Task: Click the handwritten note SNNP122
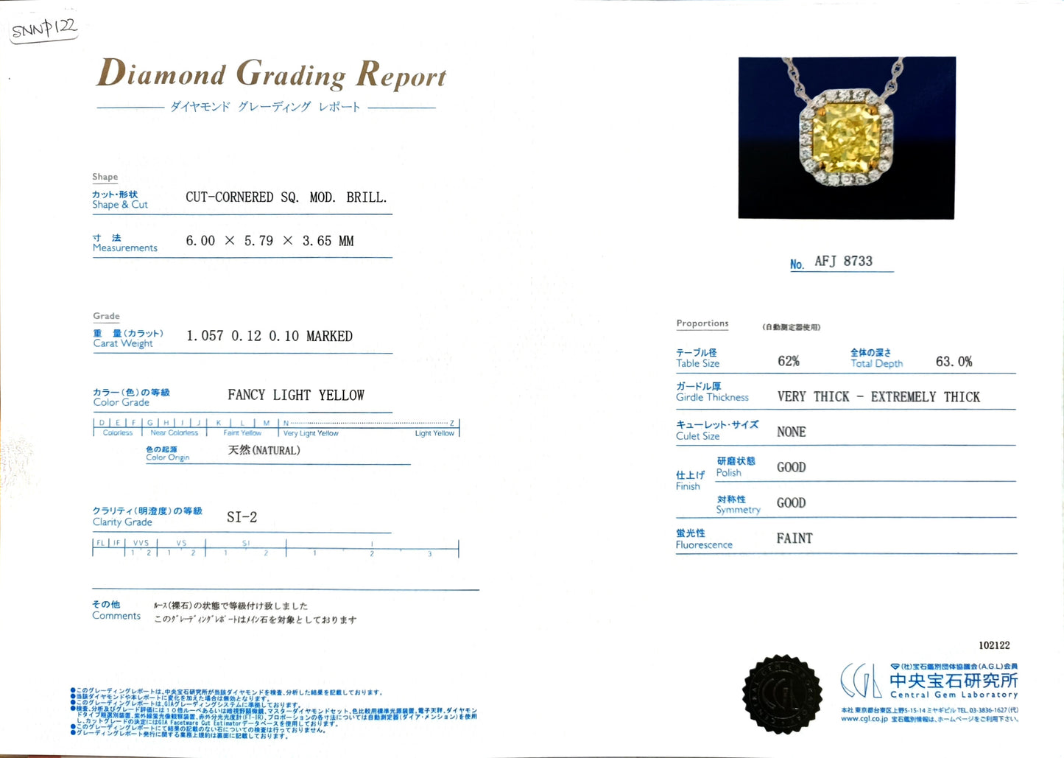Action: pos(44,29)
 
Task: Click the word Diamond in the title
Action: pos(162,74)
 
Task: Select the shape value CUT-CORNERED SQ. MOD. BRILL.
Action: pos(286,197)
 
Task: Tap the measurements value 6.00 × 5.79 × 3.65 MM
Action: pos(269,241)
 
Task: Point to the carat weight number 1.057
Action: pos(205,336)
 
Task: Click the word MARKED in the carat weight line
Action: pos(329,336)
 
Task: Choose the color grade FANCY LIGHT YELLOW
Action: pos(296,396)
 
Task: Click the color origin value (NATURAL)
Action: pos(275,450)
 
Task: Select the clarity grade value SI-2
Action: pos(242,517)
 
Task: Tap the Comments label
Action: pos(116,616)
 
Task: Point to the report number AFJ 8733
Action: pos(843,262)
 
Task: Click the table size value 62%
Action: pos(788,361)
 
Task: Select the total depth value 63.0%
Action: pos(954,362)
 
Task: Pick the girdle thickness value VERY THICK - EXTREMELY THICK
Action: pos(878,397)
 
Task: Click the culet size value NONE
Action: pos(791,432)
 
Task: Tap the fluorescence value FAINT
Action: pos(794,538)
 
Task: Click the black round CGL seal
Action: pos(782,694)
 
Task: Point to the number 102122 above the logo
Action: pos(994,645)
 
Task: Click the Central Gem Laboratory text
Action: pos(954,695)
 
